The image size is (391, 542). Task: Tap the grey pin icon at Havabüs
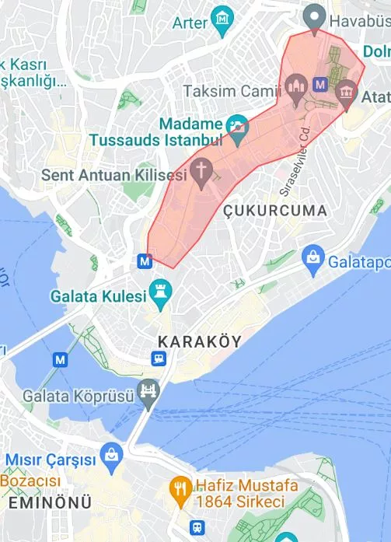click(314, 15)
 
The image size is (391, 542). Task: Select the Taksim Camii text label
click(231, 91)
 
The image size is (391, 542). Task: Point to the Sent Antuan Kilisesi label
click(114, 175)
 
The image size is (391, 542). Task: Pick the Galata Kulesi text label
click(98, 296)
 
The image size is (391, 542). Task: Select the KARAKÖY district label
click(199, 341)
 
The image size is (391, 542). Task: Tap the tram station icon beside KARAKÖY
click(159, 358)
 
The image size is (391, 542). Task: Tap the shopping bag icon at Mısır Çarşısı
click(111, 454)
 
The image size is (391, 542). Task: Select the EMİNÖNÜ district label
click(49, 503)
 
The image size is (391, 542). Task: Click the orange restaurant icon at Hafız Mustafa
click(181, 489)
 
